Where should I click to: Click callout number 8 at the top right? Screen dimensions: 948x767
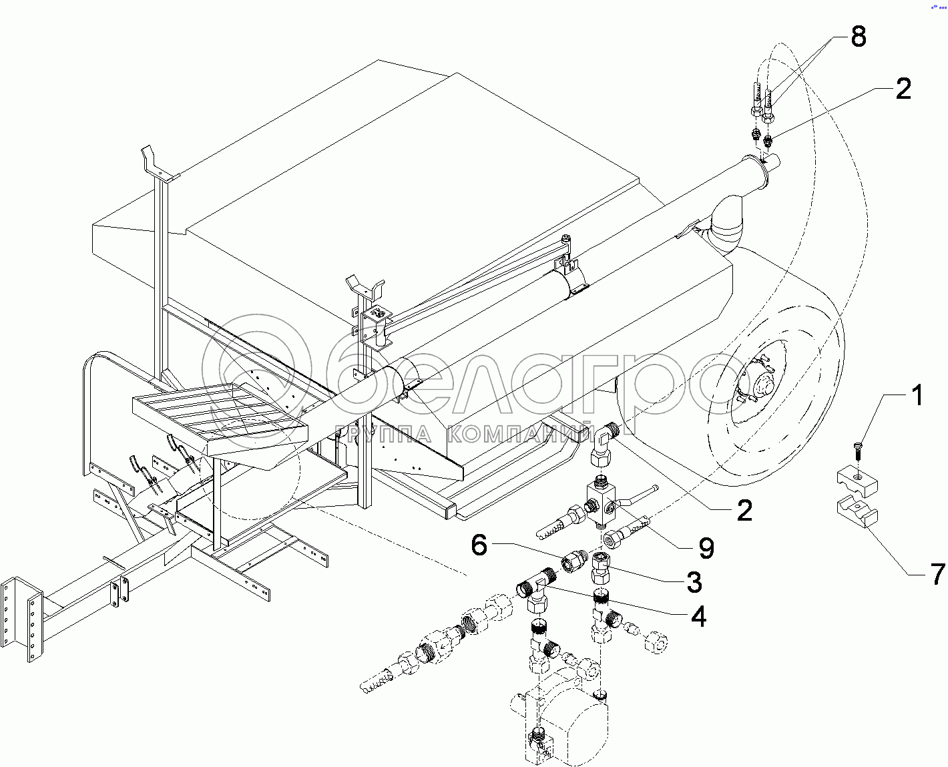(x=857, y=37)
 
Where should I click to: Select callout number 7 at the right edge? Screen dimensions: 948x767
(x=937, y=573)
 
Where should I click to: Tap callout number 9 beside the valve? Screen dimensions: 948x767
(x=705, y=548)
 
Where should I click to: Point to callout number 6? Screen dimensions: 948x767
(x=480, y=545)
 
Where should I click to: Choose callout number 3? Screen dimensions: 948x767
(x=694, y=582)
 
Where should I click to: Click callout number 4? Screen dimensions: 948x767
(x=698, y=617)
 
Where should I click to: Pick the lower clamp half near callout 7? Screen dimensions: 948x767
(x=858, y=514)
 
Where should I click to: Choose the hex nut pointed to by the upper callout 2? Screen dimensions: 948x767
(x=768, y=140)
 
